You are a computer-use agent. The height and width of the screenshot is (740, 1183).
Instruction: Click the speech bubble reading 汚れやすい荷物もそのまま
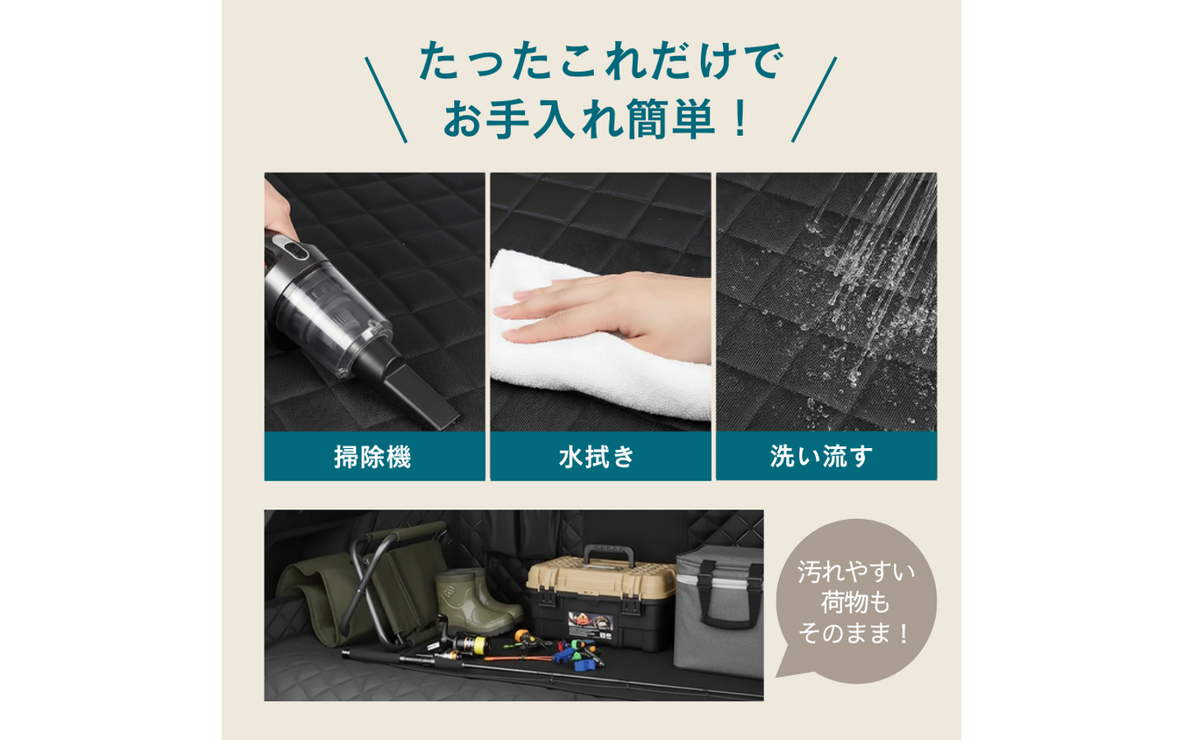[855, 601]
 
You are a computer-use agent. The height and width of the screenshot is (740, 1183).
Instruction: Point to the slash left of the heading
[386, 99]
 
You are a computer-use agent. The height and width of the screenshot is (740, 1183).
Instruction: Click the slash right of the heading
[814, 99]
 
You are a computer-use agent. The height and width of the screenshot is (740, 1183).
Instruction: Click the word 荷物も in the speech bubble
[855, 602]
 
